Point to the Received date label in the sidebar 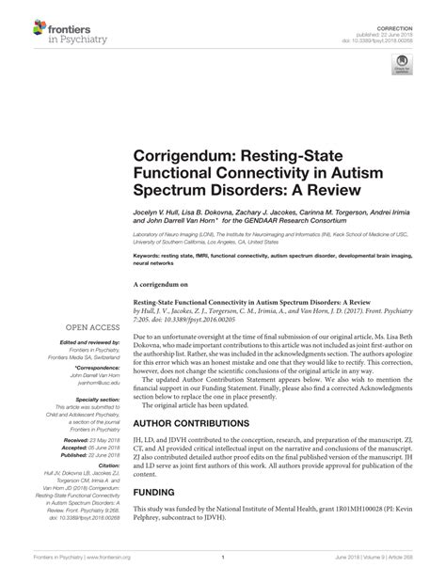pyautogui.click(x=75, y=438)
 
